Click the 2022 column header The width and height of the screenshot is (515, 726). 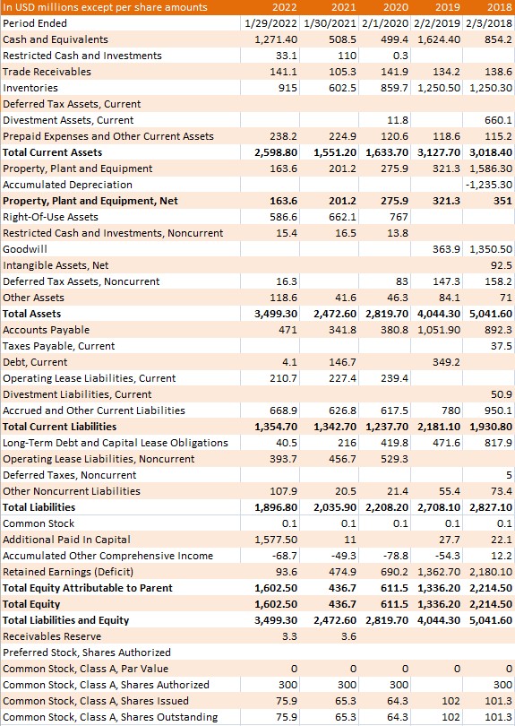(x=285, y=7)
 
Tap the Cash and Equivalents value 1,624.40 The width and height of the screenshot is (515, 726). (x=439, y=39)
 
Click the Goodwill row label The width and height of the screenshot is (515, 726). (x=25, y=249)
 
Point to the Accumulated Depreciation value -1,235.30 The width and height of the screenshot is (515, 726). (x=489, y=185)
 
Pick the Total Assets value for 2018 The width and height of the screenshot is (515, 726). (x=491, y=314)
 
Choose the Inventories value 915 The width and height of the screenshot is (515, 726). (x=288, y=88)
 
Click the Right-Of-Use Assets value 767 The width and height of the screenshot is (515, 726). (x=399, y=217)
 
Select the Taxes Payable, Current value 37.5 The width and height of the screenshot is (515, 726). (x=502, y=346)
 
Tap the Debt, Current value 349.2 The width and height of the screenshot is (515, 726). (x=447, y=362)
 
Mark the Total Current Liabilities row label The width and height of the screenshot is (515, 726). (x=60, y=427)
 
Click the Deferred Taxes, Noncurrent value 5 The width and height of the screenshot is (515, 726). (x=509, y=475)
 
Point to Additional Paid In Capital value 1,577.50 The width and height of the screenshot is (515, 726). (x=276, y=540)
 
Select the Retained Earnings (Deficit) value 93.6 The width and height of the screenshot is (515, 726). (x=287, y=572)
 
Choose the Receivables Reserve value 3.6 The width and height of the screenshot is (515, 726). (x=349, y=636)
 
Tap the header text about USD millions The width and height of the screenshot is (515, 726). (x=105, y=7)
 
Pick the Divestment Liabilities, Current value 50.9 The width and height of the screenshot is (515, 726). (x=502, y=394)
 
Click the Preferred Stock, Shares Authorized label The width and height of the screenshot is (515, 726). (x=87, y=653)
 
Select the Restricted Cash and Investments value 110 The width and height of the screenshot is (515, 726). (x=348, y=56)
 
